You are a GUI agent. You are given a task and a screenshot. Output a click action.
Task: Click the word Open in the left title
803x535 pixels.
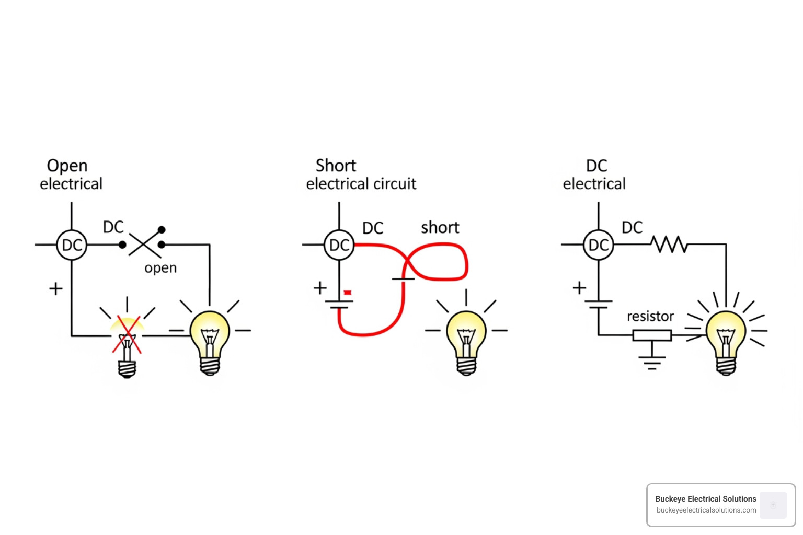(67, 166)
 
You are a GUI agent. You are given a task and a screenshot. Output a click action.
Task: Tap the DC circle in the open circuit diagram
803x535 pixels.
(72, 245)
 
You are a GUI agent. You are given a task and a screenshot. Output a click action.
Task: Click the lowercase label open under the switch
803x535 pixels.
(160, 268)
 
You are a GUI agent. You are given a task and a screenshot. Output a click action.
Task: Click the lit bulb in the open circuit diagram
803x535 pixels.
(210, 340)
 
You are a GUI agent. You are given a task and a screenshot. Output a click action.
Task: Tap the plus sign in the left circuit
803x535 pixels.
(55, 288)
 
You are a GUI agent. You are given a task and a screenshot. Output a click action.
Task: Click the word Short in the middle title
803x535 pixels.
(336, 166)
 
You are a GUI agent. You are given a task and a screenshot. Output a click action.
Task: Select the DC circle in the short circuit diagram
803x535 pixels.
(339, 245)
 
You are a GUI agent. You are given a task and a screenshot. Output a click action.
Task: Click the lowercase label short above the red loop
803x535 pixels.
(440, 228)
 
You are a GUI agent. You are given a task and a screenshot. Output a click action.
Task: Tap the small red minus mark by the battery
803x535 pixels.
(347, 293)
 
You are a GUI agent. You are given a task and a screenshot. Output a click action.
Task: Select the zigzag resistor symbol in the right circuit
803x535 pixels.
(669, 244)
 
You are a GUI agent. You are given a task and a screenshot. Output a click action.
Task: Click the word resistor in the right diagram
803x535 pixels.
(650, 316)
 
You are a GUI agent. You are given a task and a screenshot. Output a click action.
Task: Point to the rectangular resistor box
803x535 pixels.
(652, 335)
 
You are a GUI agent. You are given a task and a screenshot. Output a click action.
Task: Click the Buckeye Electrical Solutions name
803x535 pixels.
(705, 499)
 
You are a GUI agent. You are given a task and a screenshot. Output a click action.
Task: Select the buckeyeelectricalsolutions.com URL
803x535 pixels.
(706, 510)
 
